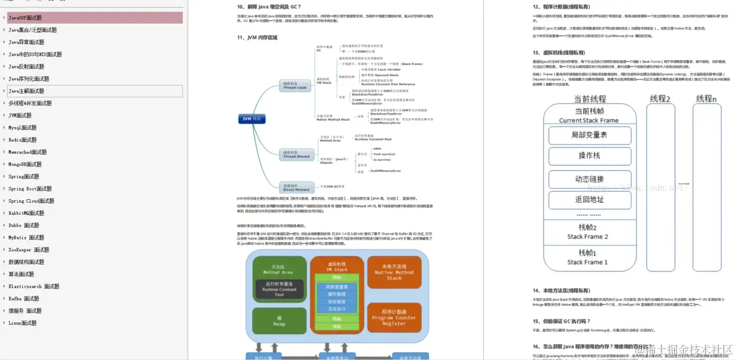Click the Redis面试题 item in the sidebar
point(22,140)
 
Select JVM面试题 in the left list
point(20,115)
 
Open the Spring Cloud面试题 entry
point(33,201)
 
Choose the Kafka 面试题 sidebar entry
point(23,299)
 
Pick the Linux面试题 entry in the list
point(22,323)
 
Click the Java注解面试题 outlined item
point(26,91)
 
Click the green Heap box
point(279,321)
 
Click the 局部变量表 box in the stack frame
point(588,135)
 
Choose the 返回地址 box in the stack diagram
point(588,200)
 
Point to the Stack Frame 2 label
point(587,237)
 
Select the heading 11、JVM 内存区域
point(257,38)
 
